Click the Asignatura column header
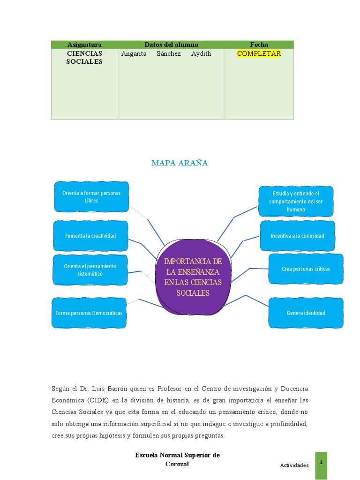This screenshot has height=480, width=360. pyautogui.click(x=84, y=45)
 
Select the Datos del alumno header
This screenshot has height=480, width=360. pyautogui.click(x=171, y=45)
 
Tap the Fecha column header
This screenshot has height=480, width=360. pyautogui.click(x=259, y=45)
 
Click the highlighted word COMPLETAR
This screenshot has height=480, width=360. pyautogui.click(x=259, y=53)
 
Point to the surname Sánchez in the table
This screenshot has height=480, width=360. pyautogui.click(x=169, y=53)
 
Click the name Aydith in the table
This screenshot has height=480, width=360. pyautogui.click(x=201, y=53)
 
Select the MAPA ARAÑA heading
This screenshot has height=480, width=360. pyautogui.click(x=180, y=163)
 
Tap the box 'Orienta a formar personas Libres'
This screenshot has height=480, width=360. pyautogui.click(x=91, y=197)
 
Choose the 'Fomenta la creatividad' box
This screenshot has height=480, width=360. pyautogui.click(x=90, y=236)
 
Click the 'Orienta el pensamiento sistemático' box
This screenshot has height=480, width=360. pyautogui.click(x=90, y=270)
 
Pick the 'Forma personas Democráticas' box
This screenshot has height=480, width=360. pyautogui.click(x=89, y=313)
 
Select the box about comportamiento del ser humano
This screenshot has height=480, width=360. pyautogui.click(x=296, y=201)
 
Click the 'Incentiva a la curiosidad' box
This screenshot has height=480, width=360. pyautogui.click(x=297, y=236)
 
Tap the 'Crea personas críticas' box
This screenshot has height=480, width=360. pyautogui.click(x=306, y=269)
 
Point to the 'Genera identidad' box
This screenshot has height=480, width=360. pyautogui.click(x=306, y=313)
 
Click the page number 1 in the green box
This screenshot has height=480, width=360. pyautogui.click(x=321, y=463)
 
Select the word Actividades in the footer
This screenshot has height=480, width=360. pyautogui.click(x=294, y=465)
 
